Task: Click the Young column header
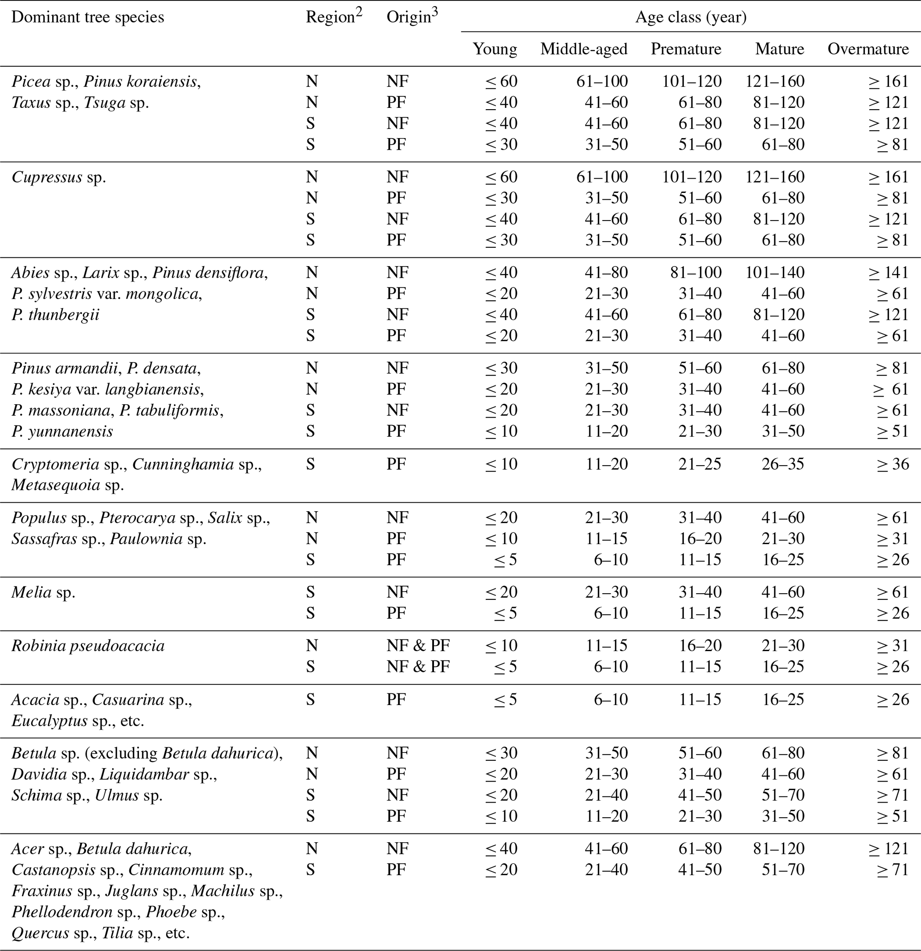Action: (x=495, y=49)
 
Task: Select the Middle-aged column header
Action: (x=584, y=49)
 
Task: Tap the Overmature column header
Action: (x=868, y=49)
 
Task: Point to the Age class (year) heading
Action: (x=691, y=17)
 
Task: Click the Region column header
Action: (x=333, y=16)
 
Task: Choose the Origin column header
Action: (x=412, y=16)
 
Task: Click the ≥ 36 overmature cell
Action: (x=892, y=464)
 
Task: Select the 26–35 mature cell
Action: (x=783, y=464)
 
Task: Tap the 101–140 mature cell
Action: (x=775, y=273)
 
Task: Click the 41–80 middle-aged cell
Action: (x=606, y=273)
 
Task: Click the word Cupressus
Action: (x=47, y=177)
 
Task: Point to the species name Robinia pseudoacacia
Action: (x=88, y=646)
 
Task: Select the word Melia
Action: (x=32, y=592)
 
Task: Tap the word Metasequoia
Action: (x=56, y=485)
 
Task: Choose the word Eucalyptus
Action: (x=49, y=721)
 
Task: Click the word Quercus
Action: (x=40, y=933)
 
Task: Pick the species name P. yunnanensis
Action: (x=62, y=431)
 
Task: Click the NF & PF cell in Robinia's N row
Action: (x=418, y=646)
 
